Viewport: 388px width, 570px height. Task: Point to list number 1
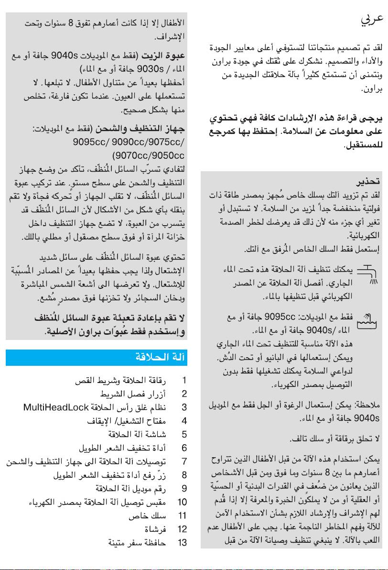[x=184, y=382]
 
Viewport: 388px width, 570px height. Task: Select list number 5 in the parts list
[x=184, y=435]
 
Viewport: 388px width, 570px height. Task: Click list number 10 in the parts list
[x=182, y=502]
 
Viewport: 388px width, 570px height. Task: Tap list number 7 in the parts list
[x=184, y=461]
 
